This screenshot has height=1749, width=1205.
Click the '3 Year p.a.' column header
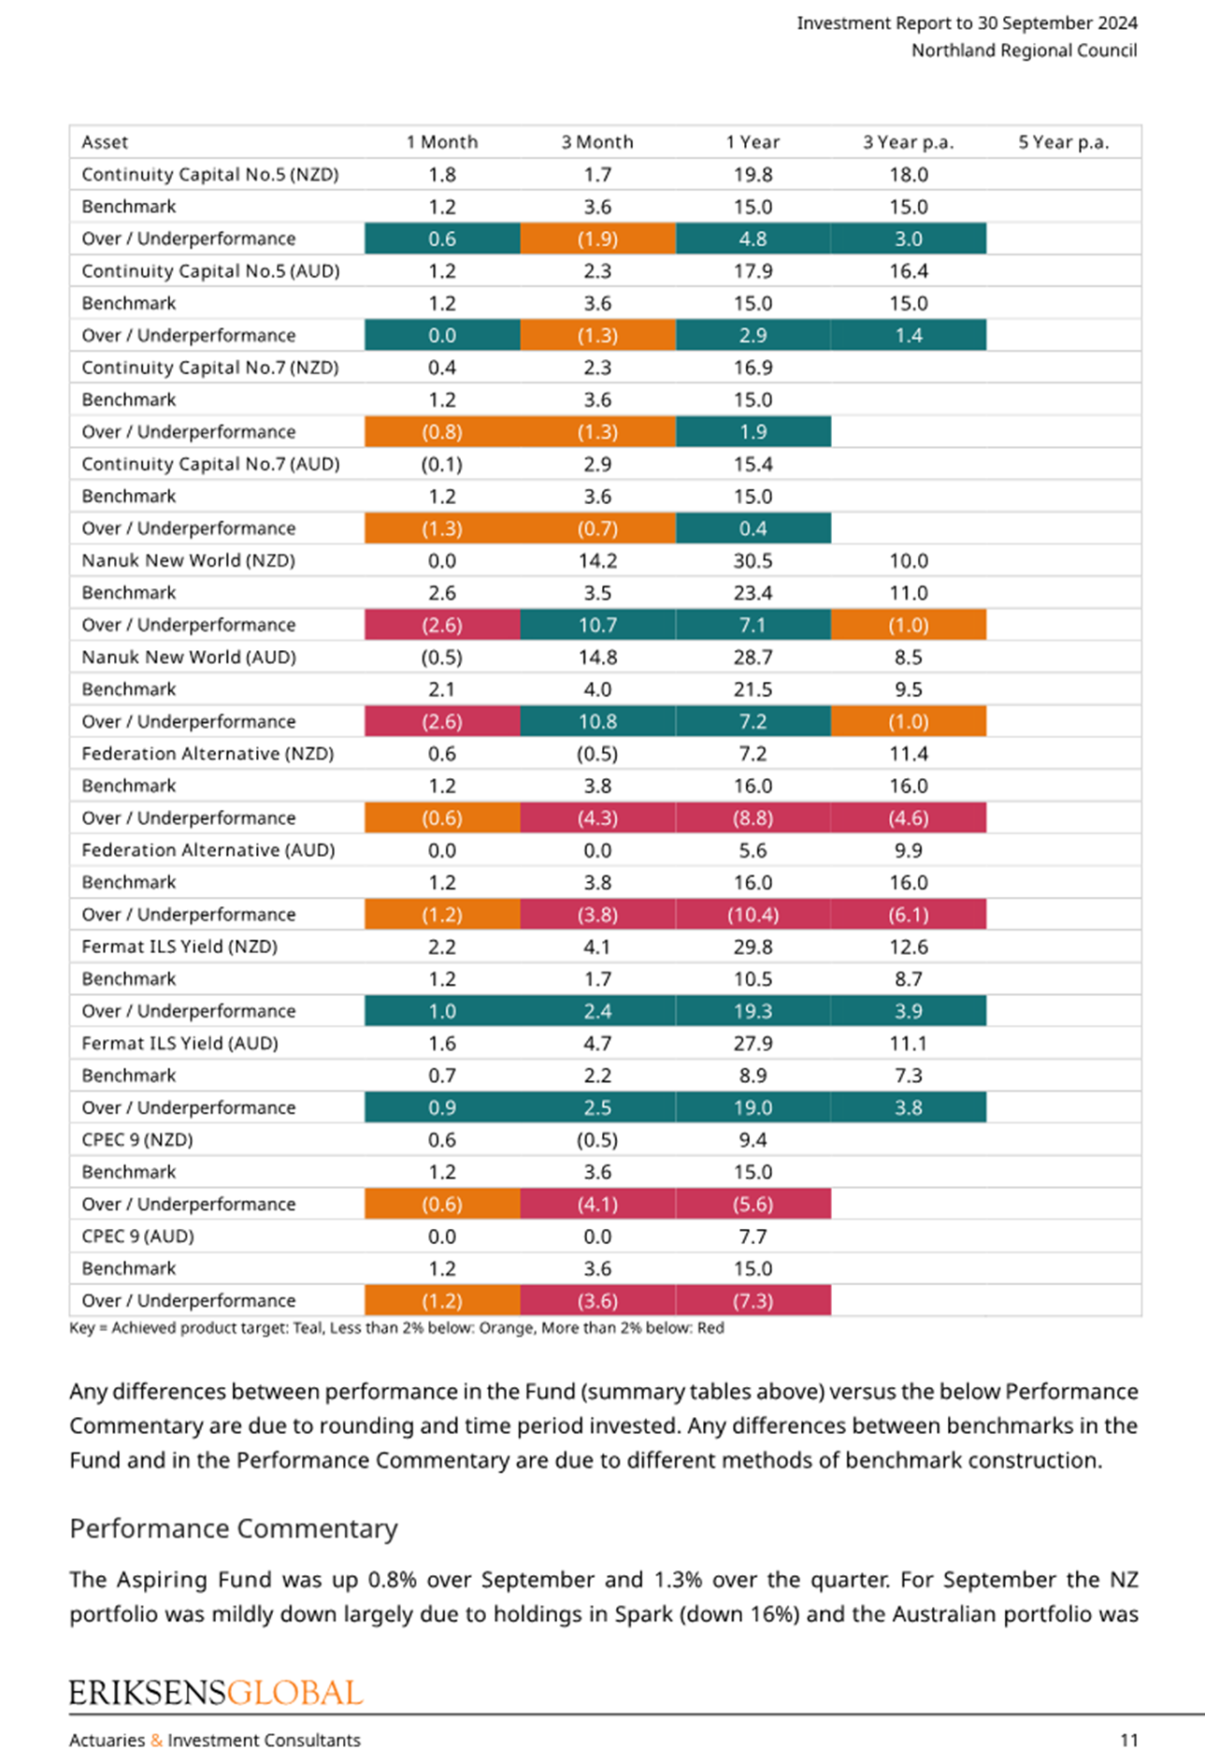[x=908, y=142]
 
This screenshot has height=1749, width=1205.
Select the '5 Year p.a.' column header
[x=1063, y=142]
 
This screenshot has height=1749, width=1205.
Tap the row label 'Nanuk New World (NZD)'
[x=188, y=560]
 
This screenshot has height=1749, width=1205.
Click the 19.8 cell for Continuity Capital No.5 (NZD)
[x=753, y=175]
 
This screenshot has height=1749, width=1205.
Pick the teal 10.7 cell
[x=597, y=625]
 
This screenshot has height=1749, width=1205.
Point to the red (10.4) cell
[x=753, y=915]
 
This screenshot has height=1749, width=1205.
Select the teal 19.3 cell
[x=753, y=1011]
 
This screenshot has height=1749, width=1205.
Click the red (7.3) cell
[x=753, y=1301]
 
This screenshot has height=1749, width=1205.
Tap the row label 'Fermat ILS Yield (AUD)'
[x=179, y=1043]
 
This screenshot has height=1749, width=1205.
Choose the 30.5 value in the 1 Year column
[x=753, y=561]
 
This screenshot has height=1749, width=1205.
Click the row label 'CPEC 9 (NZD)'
[x=137, y=1140]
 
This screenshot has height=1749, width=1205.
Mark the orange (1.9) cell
[x=597, y=238]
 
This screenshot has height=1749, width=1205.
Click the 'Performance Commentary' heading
[x=234, y=1528]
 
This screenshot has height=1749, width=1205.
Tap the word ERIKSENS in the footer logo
[x=147, y=1693]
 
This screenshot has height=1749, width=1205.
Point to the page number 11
[x=1129, y=1740]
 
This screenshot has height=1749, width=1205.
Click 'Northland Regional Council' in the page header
[x=1025, y=51]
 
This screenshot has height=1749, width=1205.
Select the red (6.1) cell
[x=908, y=915]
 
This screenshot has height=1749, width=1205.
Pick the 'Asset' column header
[x=105, y=142]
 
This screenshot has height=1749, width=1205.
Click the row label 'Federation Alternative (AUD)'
[x=208, y=850]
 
